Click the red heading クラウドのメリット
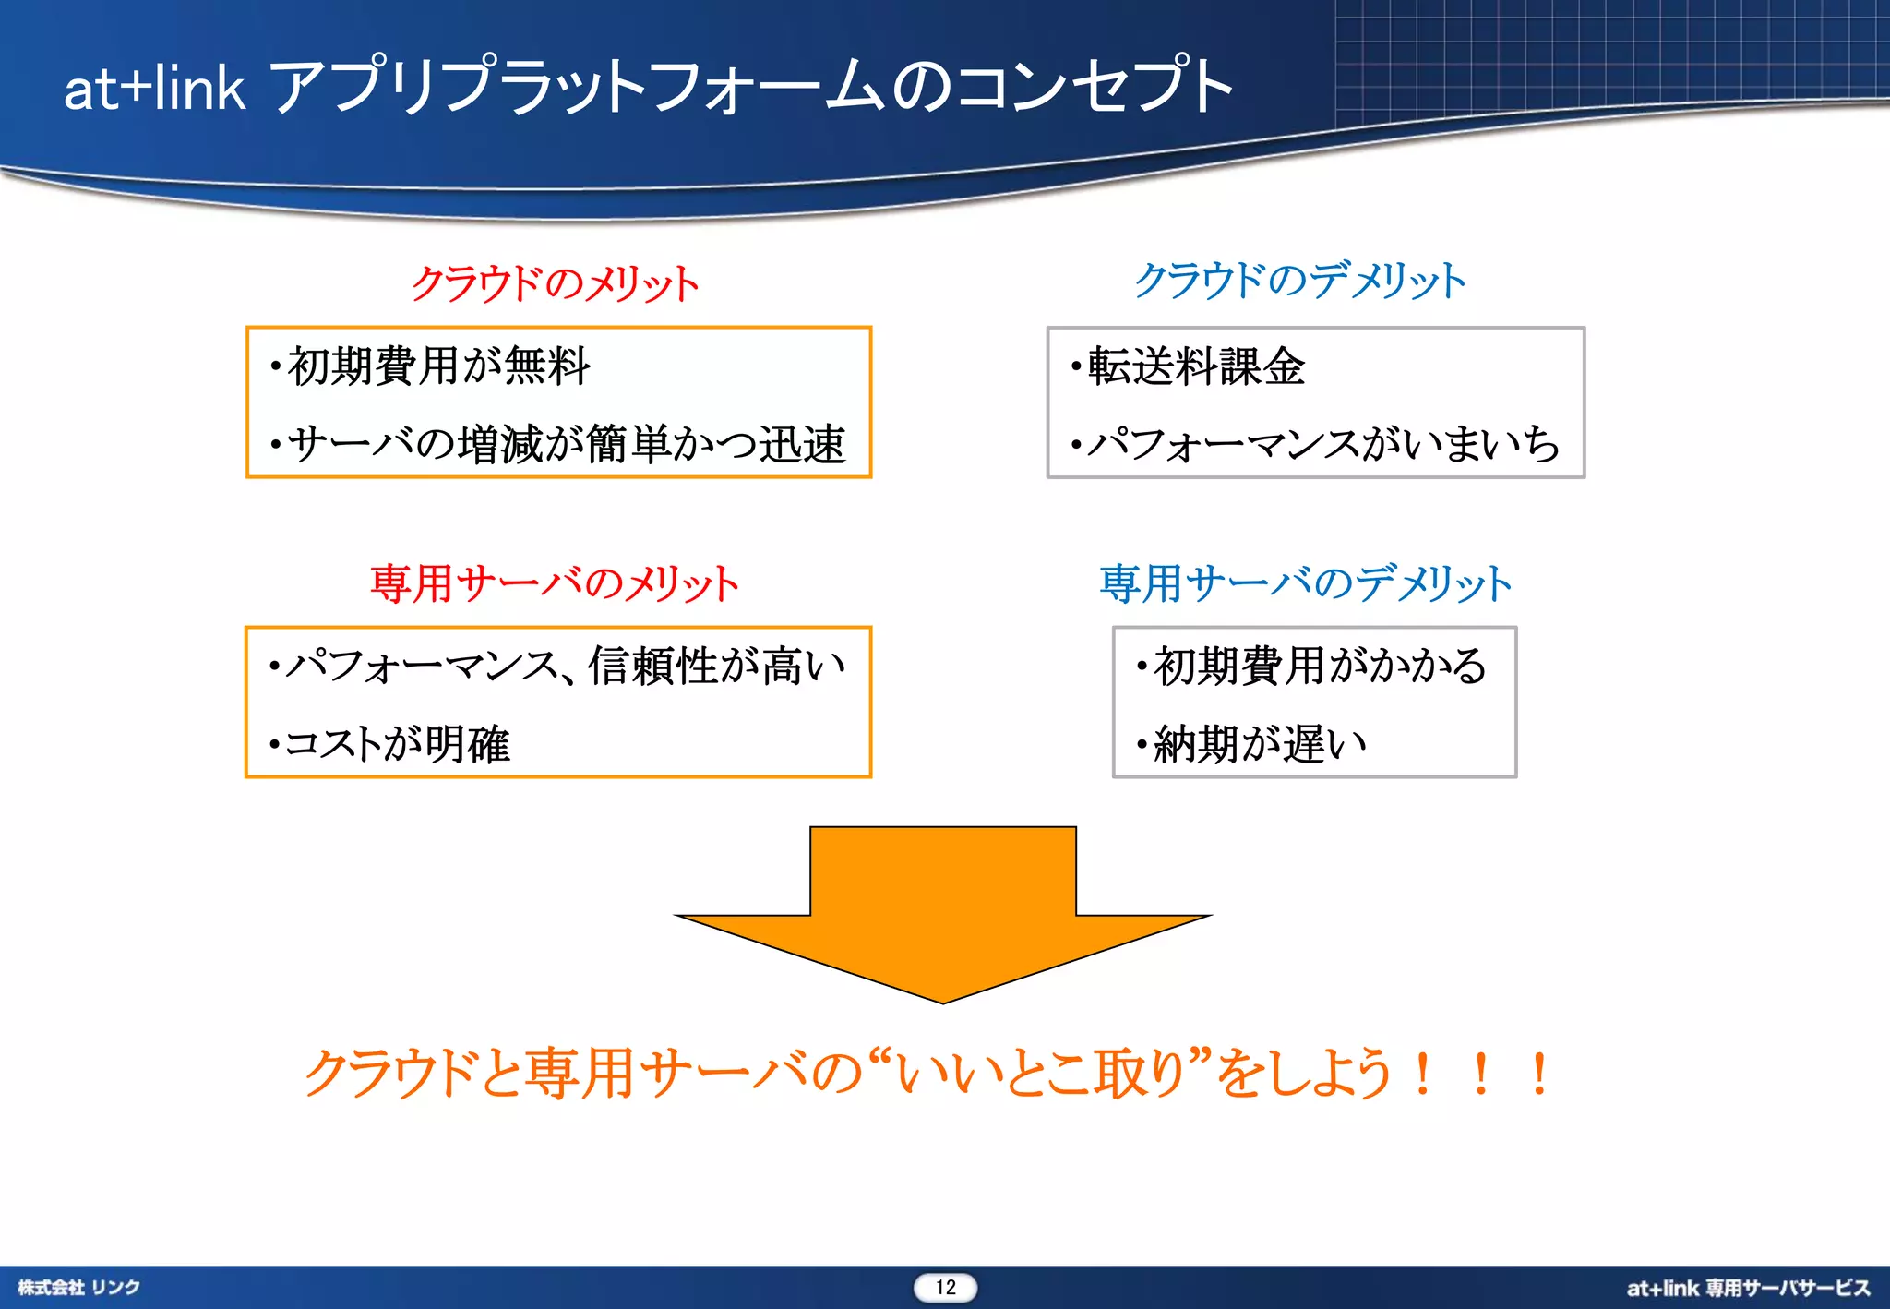tap(555, 282)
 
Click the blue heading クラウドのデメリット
tap(1299, 281)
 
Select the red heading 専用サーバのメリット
tap(555, 583)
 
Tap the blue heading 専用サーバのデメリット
tap(1306, 583)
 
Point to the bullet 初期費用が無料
tap(438, 366)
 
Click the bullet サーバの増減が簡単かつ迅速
tap(566, 444)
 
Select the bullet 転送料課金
tap(1196, 366)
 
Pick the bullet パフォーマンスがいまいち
tap(1323, 444)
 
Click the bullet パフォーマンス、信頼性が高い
tap(565, 666)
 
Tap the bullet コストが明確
tap(397, 743)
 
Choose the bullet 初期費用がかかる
tap(1320, 666)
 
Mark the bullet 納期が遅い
tap(1260, 743)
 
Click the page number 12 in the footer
tap(945, 1288)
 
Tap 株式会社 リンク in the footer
tap(79, 1288)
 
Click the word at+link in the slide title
tap(154, 90)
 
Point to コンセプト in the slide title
tap(1094, 86)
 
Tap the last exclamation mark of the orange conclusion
tap(1538, 1075)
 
